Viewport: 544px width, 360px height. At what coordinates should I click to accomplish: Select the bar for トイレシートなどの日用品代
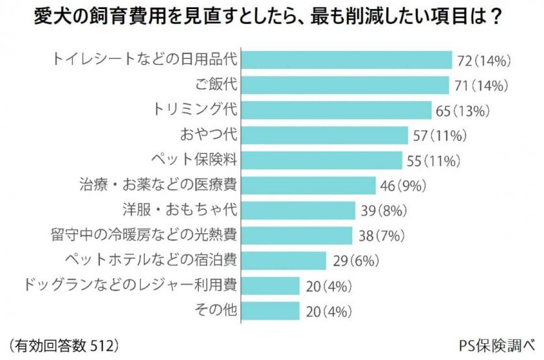345,60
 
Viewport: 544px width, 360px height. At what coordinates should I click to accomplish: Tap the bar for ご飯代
344,85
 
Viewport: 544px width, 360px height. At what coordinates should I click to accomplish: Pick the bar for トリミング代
335,110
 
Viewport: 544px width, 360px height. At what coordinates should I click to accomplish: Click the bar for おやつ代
323,135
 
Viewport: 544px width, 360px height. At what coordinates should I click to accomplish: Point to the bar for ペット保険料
321,160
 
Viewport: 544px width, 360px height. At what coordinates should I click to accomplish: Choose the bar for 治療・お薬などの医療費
308,185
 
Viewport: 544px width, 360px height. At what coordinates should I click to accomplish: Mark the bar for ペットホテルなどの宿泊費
283,260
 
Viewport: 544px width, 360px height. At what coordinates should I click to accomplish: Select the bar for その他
270,310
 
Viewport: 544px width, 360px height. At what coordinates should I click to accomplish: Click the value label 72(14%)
485,61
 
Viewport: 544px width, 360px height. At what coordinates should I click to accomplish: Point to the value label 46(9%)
402,186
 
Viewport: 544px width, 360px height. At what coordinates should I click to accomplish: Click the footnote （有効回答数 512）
64,342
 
